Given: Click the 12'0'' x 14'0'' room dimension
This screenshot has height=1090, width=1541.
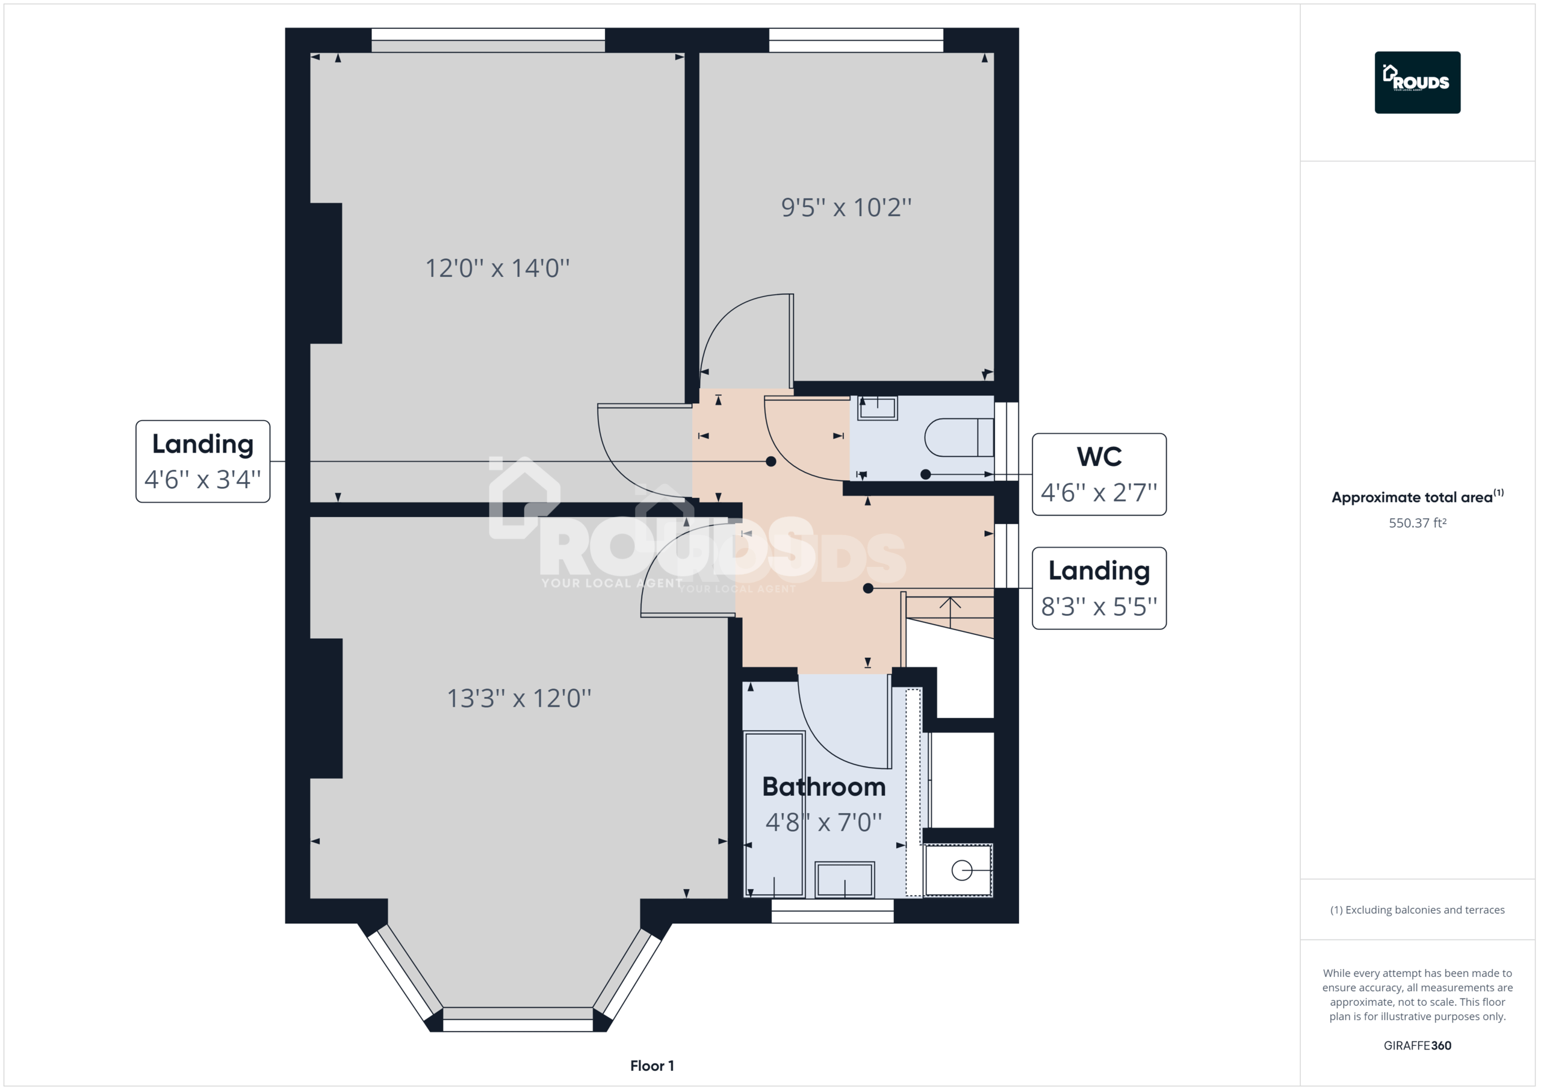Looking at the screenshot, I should (497, 268).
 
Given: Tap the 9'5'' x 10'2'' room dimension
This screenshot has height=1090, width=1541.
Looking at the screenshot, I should (846, 208).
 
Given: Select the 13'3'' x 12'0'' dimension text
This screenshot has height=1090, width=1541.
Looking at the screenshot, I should (519, 699).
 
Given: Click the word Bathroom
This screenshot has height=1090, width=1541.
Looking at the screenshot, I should (823, 787).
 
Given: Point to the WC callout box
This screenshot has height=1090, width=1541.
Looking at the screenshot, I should (1099, 474).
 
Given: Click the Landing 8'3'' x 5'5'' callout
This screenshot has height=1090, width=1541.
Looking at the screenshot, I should (1099, 589).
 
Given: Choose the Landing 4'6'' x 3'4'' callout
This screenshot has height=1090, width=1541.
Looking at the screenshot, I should (203, 462).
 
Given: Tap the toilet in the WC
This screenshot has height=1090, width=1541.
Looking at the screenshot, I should (958, 438).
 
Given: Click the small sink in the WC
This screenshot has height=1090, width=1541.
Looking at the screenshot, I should (877, 408).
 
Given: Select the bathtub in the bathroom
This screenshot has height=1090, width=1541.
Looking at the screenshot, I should (775, 814).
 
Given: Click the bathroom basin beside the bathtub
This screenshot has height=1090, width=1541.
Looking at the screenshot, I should (845, 879).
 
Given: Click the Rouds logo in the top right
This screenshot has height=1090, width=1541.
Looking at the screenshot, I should (1417, 82).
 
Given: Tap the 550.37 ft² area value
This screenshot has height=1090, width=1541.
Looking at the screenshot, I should (1417, 524).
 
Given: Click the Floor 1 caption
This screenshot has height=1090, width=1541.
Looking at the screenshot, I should (652, 1066).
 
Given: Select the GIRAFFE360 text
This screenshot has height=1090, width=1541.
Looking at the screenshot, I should (1417, 1045).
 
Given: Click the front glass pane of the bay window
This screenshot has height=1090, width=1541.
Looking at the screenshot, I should (518, 1019).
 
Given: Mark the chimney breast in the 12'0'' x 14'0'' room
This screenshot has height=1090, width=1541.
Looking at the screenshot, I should (326, 273).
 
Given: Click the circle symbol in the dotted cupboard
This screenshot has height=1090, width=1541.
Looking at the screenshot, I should (961, 870).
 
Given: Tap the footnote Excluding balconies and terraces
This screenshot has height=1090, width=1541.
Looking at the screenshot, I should (1417, 910).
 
